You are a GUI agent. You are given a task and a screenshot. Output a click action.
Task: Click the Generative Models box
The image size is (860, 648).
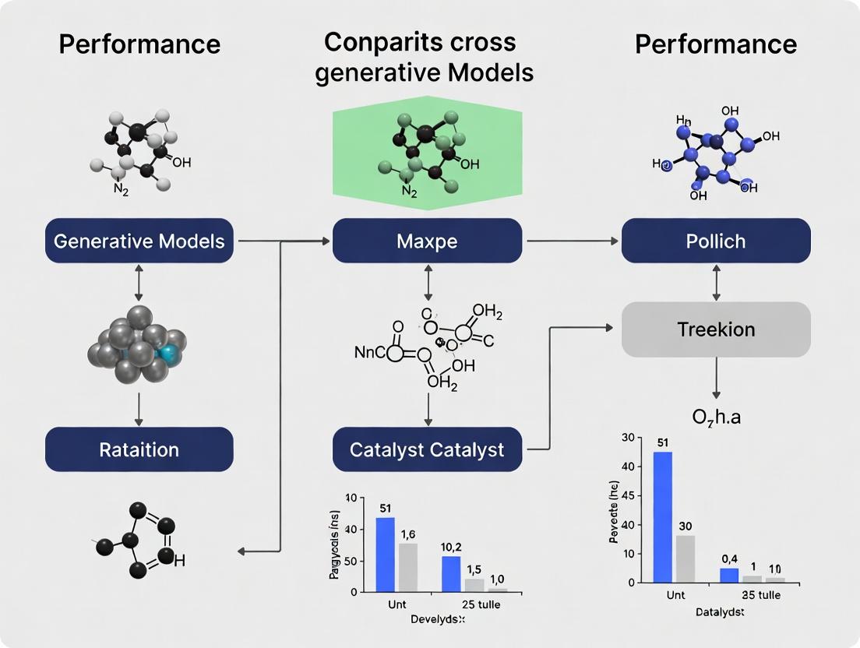click(139, 240)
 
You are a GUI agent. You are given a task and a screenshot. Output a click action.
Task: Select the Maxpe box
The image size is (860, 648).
click(427, 240)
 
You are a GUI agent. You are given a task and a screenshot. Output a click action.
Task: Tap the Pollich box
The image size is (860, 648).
click(716, 240)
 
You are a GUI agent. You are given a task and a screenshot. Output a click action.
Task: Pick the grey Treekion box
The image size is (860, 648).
click(716, 329)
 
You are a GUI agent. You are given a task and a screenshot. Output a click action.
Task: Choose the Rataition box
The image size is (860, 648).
click(139, 449)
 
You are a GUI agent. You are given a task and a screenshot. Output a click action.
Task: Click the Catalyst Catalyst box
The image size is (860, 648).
click(427, 449)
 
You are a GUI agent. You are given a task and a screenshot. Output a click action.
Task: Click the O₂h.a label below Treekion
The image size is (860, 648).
click(716, 417)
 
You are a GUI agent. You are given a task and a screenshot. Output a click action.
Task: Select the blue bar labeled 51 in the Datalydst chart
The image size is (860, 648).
click(663, 516)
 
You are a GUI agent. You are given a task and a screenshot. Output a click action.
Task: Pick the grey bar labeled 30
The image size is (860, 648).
click(686, 558)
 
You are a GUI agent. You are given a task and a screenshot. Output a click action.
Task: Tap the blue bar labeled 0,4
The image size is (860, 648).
click(729, 575)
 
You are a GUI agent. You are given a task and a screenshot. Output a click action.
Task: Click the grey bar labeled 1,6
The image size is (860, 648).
click(408, 567)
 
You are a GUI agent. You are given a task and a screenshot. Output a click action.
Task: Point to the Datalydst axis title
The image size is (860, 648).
click(719, 613)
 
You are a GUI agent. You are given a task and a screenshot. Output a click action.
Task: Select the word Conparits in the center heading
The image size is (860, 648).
click(372, 43)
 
